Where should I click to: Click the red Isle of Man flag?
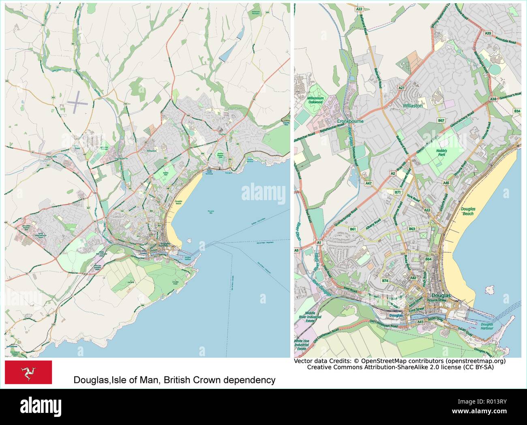(28, 372)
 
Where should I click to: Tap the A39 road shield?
(488, 33)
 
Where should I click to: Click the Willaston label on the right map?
(412, 106)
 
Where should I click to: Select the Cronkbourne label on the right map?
(351, 121)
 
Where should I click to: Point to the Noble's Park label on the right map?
(441, 153)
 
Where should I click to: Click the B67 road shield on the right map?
(441, 121)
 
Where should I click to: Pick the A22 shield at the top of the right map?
(359, 9)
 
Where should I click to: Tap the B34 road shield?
(517, 111)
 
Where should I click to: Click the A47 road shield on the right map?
(369, 184)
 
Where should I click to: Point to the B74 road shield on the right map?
(385, 280)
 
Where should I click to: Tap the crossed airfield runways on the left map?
(78, 102)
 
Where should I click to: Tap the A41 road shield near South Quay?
(420, 322)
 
